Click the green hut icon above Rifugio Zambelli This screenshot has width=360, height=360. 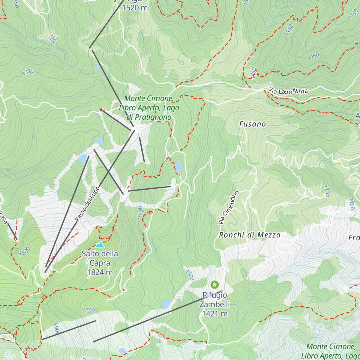214,284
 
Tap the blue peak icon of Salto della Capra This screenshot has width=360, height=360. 100,245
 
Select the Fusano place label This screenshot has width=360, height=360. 252,124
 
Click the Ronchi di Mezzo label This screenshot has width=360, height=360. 250,235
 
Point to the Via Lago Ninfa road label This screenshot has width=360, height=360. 288,91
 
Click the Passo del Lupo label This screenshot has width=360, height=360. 87,204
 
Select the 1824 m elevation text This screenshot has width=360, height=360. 100,272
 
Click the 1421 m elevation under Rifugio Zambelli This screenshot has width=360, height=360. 214,314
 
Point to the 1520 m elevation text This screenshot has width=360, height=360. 135,8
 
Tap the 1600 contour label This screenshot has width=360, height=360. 140,212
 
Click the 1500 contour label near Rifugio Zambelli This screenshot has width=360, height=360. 190,275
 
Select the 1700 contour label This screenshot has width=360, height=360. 88,310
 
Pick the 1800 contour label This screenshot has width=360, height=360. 25,251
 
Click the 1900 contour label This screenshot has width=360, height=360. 56,329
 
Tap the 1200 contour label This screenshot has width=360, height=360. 326,191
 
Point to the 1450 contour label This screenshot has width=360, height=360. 254,73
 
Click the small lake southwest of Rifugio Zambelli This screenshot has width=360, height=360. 166,304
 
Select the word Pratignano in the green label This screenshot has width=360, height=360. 153,117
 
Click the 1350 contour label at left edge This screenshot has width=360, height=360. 28,72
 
